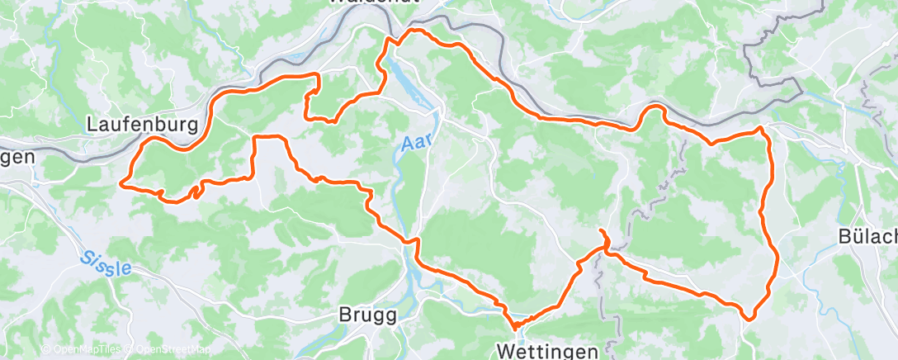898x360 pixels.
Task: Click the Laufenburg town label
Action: (x=143, y=125)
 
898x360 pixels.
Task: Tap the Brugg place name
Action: (x=368, y=315)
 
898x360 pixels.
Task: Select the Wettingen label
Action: (x=547, y=351)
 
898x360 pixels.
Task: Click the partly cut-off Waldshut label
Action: (x=374, y=2)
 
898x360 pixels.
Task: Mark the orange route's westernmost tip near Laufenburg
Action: (x=122, y=182)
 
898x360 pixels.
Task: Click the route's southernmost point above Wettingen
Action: (x=513, y=327)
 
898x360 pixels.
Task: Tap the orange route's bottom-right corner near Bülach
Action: (x=749, y=317)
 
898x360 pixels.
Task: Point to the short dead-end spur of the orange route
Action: (x=603, y=233)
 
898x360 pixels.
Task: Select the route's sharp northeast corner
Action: (x=762, y=129)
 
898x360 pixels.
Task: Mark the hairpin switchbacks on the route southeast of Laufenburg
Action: (x=196, y=191)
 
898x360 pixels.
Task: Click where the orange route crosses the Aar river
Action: (x=407, y=239)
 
